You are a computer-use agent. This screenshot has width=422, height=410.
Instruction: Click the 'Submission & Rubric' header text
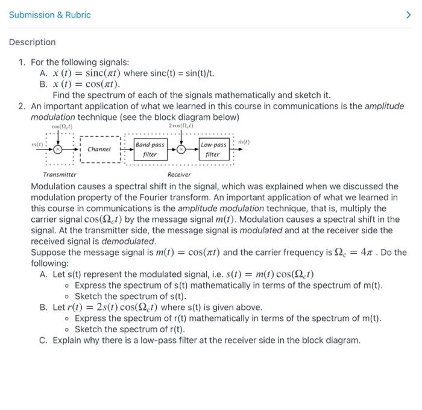pos(49,14)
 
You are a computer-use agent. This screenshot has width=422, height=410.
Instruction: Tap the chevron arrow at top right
pos(408,14)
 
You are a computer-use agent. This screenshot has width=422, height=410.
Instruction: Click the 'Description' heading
pos(32,42)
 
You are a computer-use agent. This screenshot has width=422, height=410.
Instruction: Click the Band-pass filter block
pos(150,150)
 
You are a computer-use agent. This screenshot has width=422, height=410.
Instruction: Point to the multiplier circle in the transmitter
pos(58,148)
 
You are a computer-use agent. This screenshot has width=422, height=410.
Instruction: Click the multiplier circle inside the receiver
pos(181,149)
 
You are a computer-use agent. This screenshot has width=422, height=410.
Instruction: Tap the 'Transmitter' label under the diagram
pos(60,174)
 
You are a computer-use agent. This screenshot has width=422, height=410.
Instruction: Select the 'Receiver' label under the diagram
pos(179,174)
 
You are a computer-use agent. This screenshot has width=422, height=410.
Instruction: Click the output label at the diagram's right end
pos(244,143)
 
